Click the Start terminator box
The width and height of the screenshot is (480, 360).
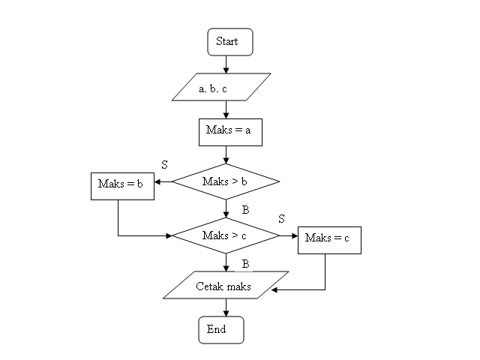tap(230, 42)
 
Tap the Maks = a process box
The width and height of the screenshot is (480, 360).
tap(229, 130)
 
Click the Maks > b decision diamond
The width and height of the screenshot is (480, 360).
tap(226, 181)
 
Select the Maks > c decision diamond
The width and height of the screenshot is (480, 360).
tap(226, 235)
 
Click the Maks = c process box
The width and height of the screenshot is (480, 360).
tap(329, 239)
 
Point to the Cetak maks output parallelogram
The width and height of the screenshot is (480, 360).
tap(225, 285)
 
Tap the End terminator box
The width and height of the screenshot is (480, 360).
tap(220, 330)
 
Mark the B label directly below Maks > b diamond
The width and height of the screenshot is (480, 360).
tap(245, 210)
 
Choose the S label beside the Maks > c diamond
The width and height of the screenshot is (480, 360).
tap(281, 219)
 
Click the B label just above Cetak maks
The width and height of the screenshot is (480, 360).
tap(245, 264)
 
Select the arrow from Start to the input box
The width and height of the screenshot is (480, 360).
tap(226, 64)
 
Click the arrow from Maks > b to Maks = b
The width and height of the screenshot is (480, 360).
tap(163, 181)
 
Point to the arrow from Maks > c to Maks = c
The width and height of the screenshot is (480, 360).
tap(289, 235)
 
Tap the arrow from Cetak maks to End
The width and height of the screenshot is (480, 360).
tap(226, 307)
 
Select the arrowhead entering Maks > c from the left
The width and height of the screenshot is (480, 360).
tap(168, 235)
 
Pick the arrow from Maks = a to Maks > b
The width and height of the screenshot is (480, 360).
tap(226, 154)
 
